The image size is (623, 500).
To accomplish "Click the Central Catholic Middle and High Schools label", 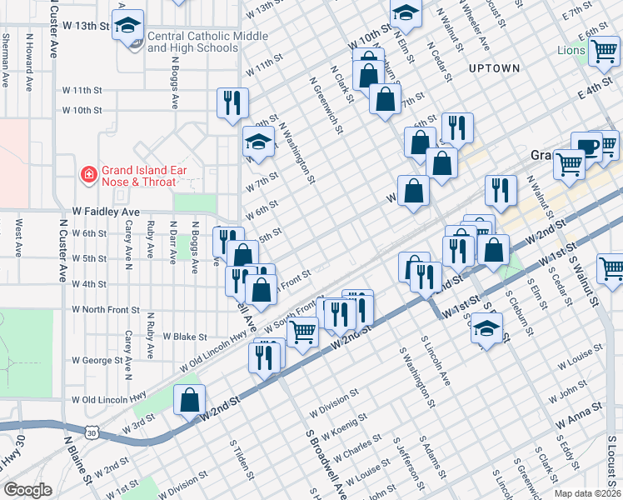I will [x=207, y=42].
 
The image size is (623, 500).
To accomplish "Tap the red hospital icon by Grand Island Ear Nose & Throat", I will [x=87, y=175].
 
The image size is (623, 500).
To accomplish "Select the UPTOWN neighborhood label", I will [x=494, y=68].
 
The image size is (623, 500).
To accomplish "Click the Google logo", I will [x=27, y=490].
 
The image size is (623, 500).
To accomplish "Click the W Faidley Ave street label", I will [x=106, y=212].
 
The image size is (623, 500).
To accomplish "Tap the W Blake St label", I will [x=185, y=337].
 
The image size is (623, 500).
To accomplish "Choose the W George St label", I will [x=97, y=361].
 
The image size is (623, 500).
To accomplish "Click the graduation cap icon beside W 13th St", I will [x=128, y=26].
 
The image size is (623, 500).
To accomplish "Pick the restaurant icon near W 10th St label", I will [x=232, y=102].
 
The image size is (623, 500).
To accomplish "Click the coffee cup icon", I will [x=587, y=147].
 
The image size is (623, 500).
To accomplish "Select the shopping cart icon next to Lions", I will [x=604, y=52].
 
